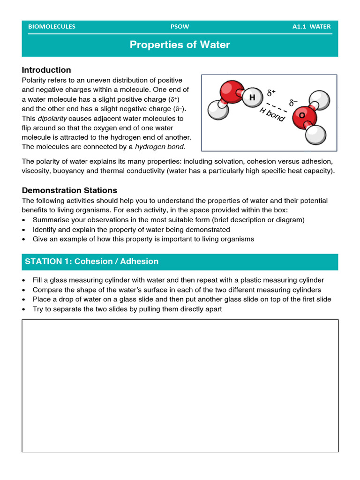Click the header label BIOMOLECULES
click(52, 27)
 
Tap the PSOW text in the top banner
click(180, 27)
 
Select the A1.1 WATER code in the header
click(311, 27)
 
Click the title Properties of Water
click(180, 45)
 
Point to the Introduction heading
click(46, 70)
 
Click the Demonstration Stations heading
click(69, 190)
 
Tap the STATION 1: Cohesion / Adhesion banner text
click(92, 262)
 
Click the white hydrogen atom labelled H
click(252, 97)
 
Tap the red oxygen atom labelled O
click(302, 115)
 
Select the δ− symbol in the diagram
click(293, 102)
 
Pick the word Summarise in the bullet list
click(50, 219)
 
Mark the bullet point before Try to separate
click(24, 309)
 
